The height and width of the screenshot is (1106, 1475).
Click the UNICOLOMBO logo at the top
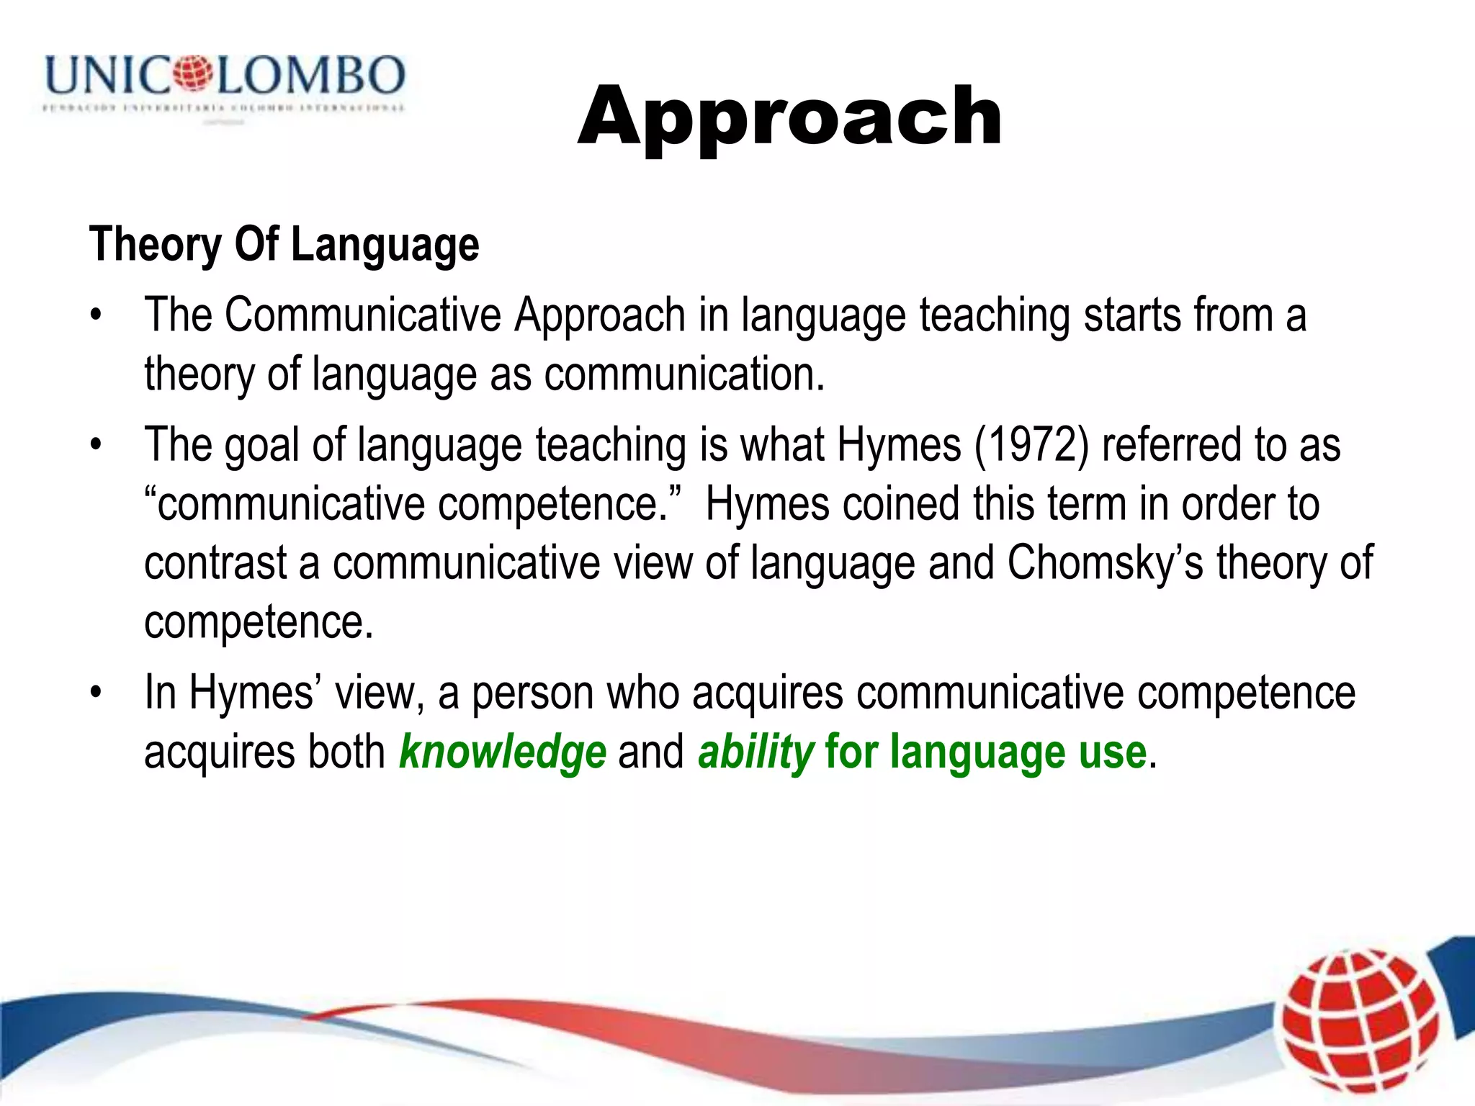(x=225, y=83)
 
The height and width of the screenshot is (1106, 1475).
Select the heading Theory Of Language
(x=284, y=245)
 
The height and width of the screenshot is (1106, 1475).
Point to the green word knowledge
(x=502, y=752)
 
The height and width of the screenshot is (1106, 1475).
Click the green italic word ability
(x=756, y=752)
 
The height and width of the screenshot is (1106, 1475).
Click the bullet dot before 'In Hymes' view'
(x=96, y=693)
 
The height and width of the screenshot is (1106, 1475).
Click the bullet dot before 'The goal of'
(x=96, y=445)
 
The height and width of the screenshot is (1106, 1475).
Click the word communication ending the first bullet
(x=683, y=374)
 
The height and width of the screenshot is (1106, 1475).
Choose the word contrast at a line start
(x=215, y=562)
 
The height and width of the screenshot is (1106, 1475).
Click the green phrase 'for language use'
(x=985, y=752)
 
